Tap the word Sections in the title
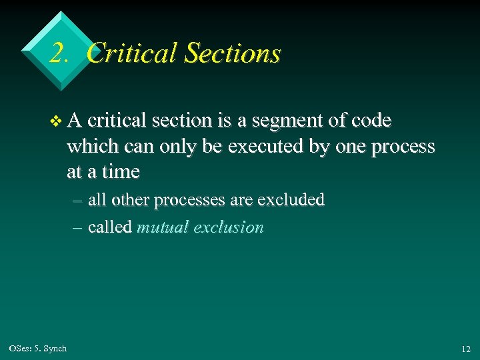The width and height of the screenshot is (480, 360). (231, 53)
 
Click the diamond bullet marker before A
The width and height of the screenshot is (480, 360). (56, 121)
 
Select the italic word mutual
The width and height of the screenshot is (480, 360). (162, 227)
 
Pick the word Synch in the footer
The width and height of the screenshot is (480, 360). (55, 349)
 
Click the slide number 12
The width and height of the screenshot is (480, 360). (465, 349)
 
